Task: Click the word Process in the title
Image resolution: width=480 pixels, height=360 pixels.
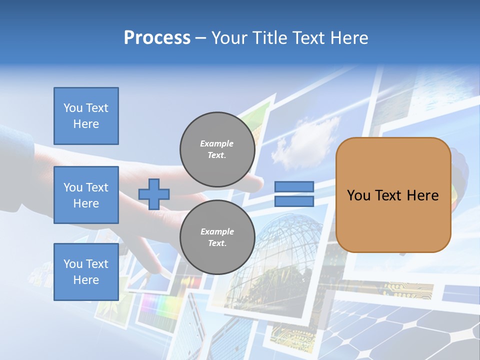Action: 157,38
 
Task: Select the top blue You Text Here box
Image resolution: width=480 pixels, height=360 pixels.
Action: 86,116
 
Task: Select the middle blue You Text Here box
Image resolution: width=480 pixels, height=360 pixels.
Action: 86,195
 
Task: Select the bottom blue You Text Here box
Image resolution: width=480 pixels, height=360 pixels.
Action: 86,271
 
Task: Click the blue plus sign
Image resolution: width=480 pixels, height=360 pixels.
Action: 154,194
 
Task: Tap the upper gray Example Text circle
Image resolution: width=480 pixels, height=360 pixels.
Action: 217,149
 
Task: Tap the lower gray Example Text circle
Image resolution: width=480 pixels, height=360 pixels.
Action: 217,237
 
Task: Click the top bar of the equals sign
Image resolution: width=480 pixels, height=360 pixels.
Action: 294,187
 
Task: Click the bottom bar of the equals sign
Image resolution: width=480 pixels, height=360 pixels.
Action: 294,201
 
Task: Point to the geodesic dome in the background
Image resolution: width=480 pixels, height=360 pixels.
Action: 287,245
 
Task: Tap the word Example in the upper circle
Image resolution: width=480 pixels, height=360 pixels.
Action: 217,143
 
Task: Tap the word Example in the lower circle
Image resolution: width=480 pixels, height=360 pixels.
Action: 217,231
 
